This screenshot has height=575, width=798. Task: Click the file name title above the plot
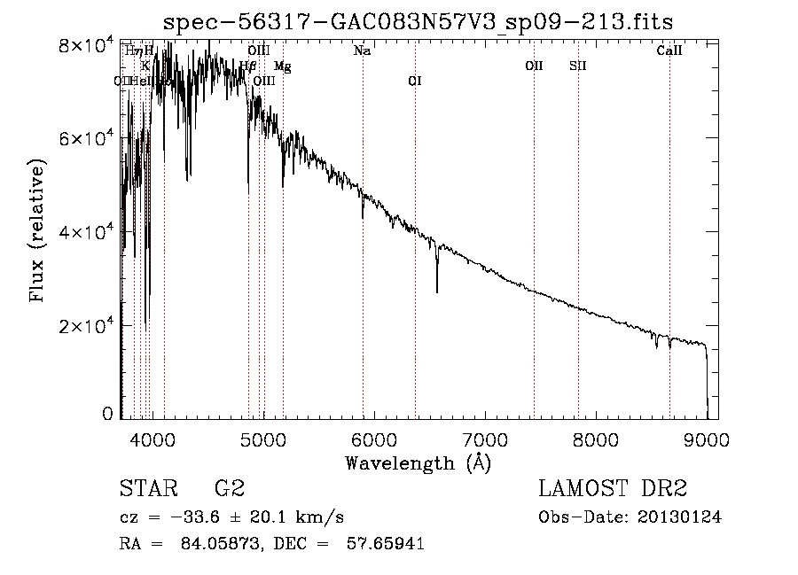click(x=419, y=21)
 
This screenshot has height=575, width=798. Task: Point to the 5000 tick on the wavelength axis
click(x=263, y=439)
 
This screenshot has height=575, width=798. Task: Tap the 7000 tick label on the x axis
click(x=485, y=439)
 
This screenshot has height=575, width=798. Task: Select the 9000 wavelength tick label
click(x=707, y=439)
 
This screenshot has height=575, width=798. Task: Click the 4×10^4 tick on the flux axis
click(x=82, y=232)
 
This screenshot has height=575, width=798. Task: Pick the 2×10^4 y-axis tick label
click(x=82, y=326)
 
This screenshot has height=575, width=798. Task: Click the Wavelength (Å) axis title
click(x=418, y=462)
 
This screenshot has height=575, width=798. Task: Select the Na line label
click(x=362, y=51)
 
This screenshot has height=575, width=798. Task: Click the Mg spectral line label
click(x=282, y=66)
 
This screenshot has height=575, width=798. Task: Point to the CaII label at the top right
click(x=669, y=51)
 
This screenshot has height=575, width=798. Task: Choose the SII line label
click(x=578, y=66)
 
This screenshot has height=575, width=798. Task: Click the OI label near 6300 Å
click(x=414, y=82)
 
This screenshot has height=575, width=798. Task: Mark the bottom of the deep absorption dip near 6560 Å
click(x=437, y=291)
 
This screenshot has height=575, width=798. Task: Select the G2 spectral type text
click(x=228, y=489)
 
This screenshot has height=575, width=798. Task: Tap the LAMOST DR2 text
click(x=613, y=489)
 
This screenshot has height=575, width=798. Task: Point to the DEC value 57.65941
click(x=387, y=544)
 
